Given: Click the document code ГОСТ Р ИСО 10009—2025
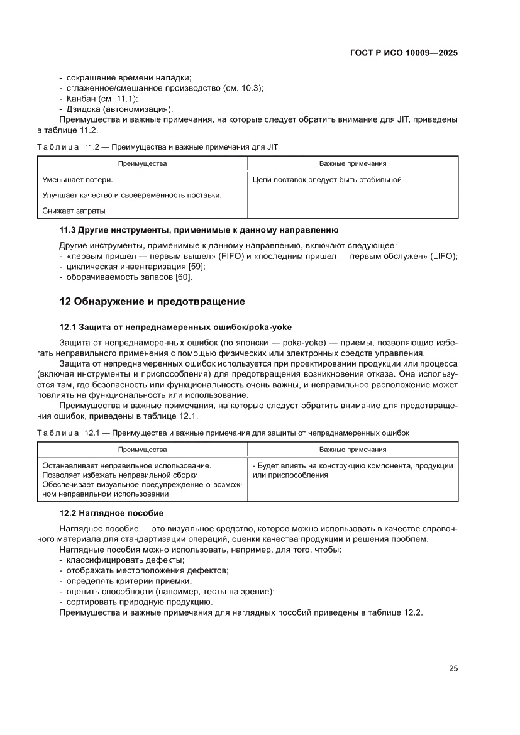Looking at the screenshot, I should click(403, 53).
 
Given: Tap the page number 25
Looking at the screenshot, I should click(453, 668).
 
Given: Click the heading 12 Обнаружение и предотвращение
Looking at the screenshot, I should click(152, 301).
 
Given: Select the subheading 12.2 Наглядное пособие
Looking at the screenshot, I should click(111, 513).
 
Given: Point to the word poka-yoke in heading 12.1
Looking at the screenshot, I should click(272, 327).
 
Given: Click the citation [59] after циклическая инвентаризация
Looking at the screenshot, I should click(188, 267).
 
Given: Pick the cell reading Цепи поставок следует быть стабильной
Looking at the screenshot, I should click(326, 180).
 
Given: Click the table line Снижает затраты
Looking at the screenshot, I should click(74, 210).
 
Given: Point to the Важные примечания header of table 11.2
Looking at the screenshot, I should click(352, 163).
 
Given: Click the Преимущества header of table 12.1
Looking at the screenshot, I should click(142, 450).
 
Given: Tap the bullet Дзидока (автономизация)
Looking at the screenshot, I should click(119, 109).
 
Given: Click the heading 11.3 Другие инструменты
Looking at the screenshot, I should click(199, 230).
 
